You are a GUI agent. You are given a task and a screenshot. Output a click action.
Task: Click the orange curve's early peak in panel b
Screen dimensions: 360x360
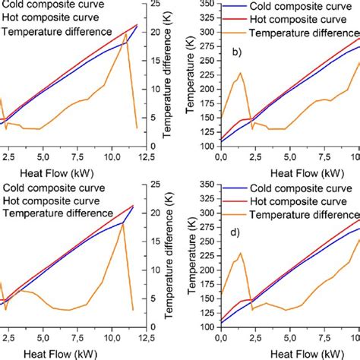click(240, 73)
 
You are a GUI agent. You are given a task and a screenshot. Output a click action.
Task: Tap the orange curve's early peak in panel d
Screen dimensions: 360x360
click(241, 253)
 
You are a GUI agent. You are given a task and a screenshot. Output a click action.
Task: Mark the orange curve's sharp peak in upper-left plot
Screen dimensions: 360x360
click(126, 33)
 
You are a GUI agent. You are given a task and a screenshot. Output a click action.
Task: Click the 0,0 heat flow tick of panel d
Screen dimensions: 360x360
click(220, 336)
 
